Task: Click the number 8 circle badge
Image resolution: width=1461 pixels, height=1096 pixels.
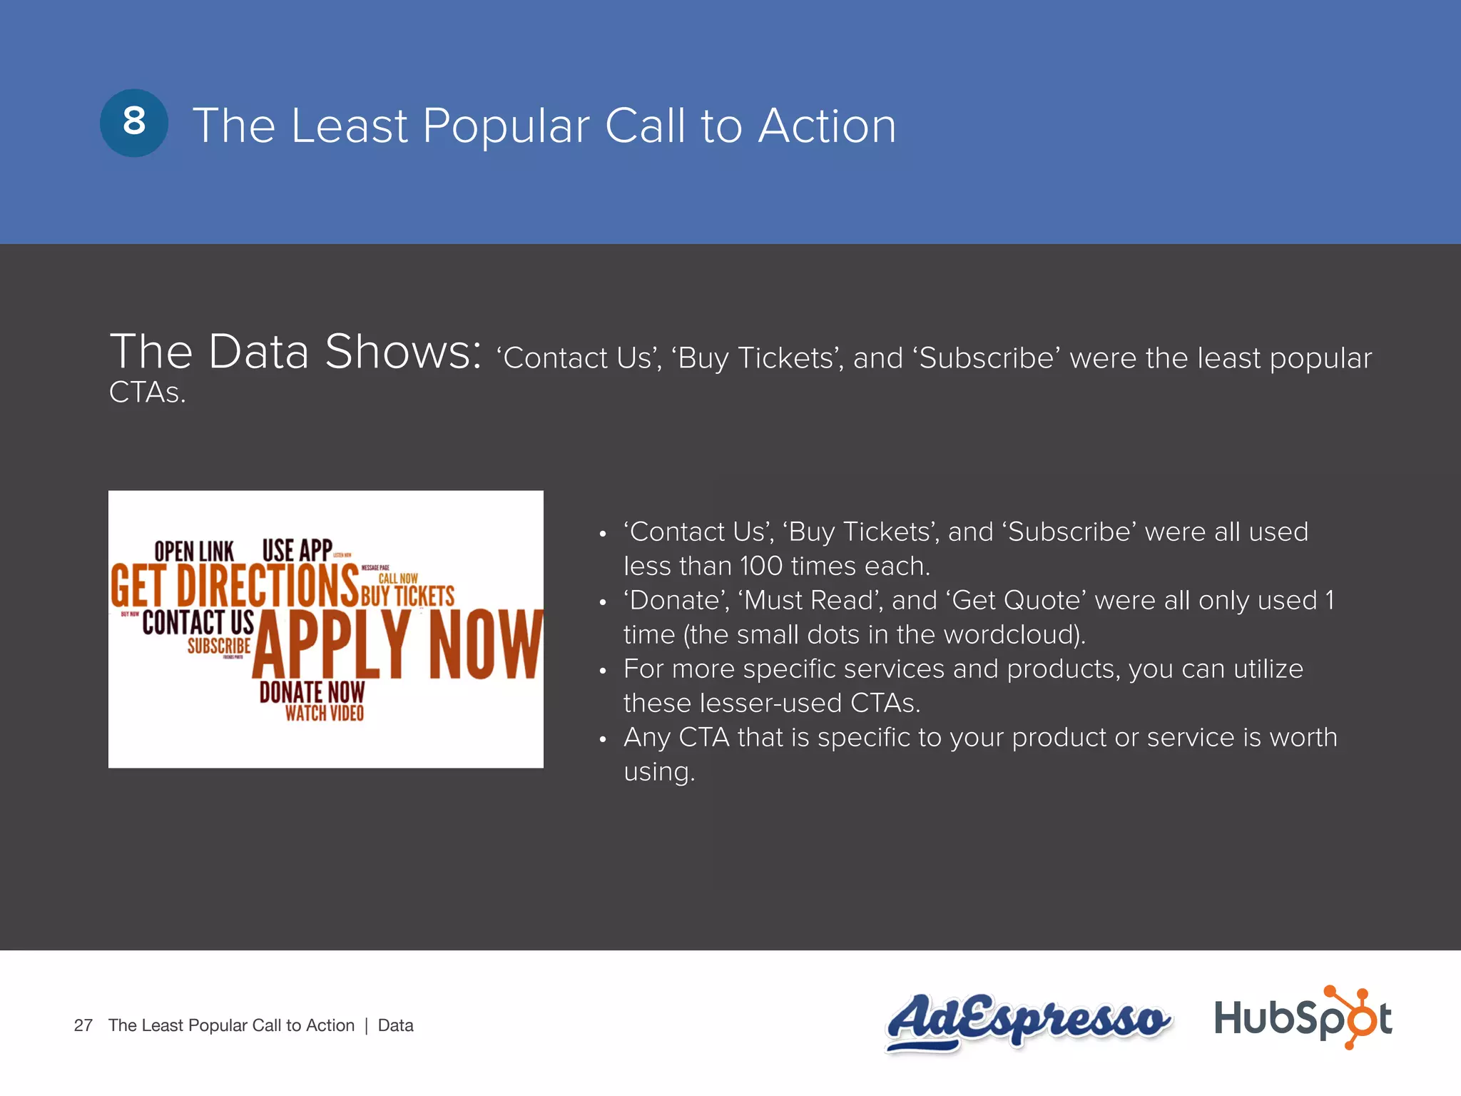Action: (134, 123)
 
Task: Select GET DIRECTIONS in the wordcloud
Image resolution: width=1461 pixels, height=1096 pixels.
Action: (234, 585)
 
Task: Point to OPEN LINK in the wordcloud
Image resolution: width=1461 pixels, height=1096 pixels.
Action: (194, 552)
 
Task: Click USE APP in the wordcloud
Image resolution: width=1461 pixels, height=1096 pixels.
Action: (297, 550)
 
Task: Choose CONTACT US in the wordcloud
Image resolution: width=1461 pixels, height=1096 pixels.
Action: (198, 622)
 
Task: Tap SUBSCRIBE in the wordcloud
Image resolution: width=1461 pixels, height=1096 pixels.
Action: (219, 646)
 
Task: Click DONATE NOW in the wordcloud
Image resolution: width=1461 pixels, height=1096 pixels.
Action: (312, 692)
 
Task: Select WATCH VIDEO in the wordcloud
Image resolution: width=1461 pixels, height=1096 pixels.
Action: (325, 713)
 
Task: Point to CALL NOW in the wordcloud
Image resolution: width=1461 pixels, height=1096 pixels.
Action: (398, 579)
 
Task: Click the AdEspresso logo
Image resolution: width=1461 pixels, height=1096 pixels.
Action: (1027, 1020)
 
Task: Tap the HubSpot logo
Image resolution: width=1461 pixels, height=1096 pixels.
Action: (1303, 1018)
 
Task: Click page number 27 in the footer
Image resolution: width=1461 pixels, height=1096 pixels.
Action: (83, 1025)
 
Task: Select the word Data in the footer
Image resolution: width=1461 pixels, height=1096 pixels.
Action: (396, 1025)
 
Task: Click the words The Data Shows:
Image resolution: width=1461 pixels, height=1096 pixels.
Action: (295, 352)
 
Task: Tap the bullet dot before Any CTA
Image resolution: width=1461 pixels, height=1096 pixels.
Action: (603, 740)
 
